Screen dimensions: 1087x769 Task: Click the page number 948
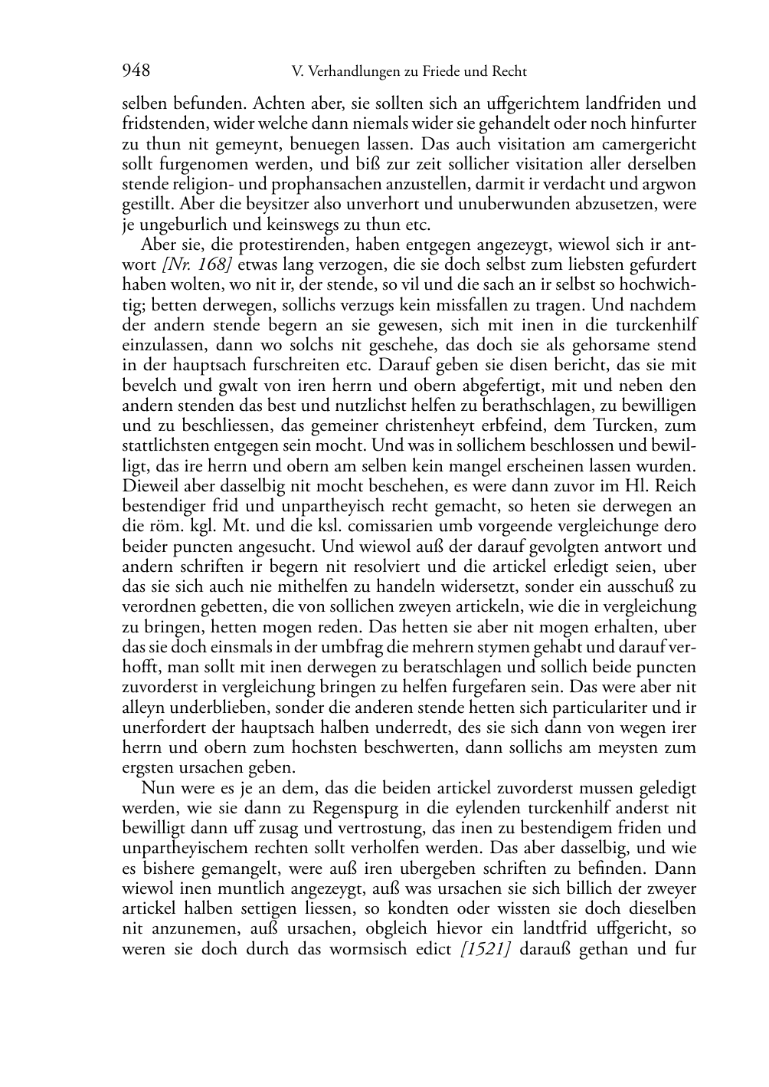coord(136,71)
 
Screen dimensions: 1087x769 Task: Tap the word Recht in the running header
coord(507,72)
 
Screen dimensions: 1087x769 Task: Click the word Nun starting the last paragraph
coord(156,788)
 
